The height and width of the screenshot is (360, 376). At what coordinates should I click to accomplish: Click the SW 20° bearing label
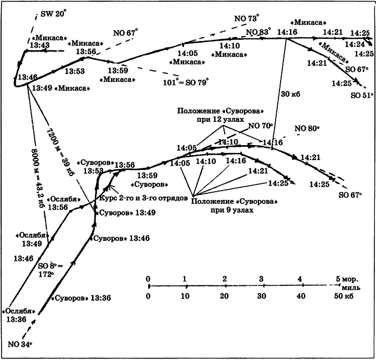point(55,14)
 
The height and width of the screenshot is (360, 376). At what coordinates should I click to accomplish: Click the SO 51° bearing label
point(360,95)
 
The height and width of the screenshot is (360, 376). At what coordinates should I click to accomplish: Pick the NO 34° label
point(20,344)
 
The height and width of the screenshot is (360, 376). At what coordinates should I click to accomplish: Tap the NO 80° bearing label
point(308,128)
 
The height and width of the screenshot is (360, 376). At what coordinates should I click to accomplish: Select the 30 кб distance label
point(291,94)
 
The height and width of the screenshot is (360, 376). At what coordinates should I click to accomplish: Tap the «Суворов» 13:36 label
point(83,298)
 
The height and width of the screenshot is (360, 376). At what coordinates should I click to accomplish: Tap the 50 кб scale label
point(339,297)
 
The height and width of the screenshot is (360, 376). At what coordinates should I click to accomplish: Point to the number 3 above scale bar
point(261,278)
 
